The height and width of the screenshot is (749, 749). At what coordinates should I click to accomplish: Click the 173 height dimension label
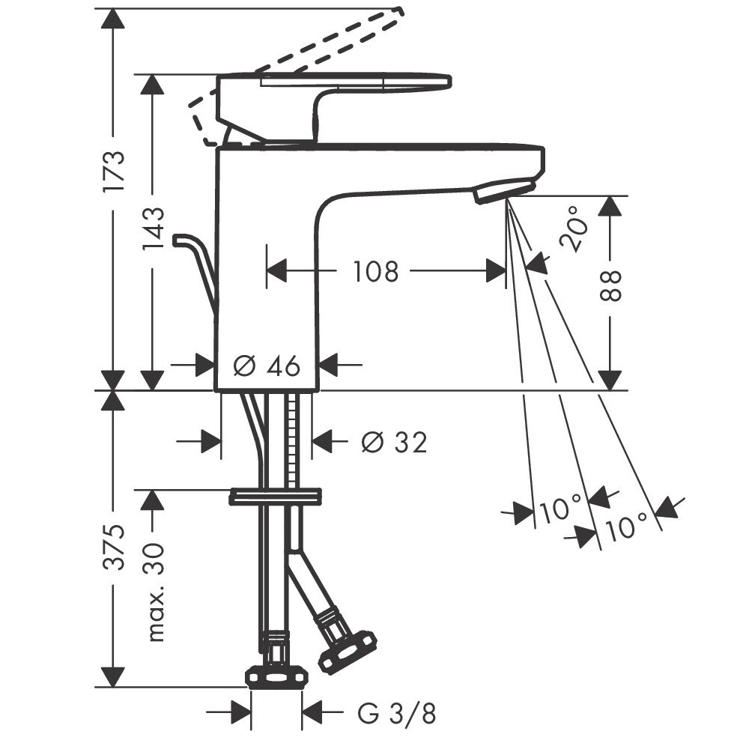[x=115, y=171]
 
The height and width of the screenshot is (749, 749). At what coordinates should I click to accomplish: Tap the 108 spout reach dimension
[x=375, y=271]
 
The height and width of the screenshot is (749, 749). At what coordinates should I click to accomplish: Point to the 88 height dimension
[x=610, y=285]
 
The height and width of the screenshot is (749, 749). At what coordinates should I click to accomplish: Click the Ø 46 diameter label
[x=267, y=366]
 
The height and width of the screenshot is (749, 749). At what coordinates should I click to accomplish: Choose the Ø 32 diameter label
[x=394, y=442]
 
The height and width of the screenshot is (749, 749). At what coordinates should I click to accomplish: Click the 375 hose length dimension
[x=115, y=548]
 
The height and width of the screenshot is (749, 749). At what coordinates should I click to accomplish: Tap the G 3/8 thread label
[x=396, y=715]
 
